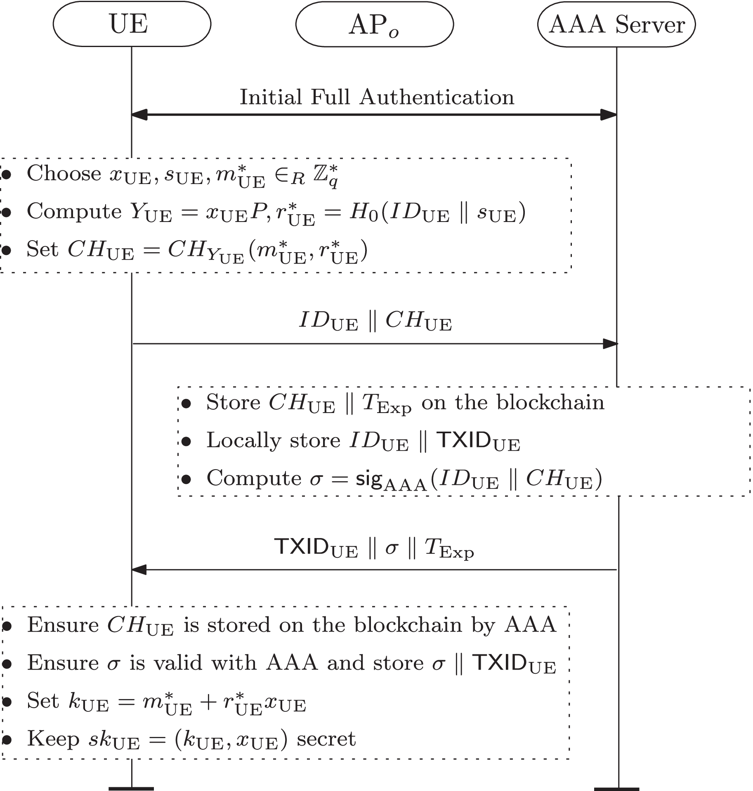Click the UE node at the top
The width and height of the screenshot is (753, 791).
132,24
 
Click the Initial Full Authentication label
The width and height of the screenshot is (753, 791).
377,97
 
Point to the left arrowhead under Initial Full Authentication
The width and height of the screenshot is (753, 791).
139,115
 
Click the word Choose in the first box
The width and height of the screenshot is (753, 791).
64,173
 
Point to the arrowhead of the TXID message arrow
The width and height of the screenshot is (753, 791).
139,570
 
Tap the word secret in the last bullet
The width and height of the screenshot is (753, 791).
326,739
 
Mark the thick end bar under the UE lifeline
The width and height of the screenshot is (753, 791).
131,788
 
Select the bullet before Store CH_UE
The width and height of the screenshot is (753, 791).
186,404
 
